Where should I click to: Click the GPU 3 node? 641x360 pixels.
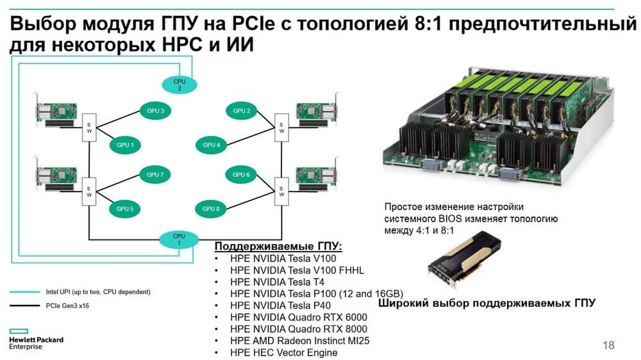pos(154,111)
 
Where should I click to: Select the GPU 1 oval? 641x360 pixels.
pos(125,145)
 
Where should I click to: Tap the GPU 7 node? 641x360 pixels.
pos(154,174)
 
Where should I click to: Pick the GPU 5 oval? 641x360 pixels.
pos(125,208)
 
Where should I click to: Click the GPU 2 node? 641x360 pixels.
pos(240,111)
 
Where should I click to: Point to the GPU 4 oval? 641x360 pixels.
pos(211,145)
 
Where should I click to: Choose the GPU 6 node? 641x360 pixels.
pos(240,174)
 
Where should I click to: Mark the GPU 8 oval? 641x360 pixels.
pos(211,208)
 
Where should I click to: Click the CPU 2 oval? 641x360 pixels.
pos(179,85)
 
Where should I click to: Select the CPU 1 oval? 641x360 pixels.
pos(179,240)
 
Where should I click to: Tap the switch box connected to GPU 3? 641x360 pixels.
pos(89,127)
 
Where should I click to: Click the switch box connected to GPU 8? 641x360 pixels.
pos(280,190)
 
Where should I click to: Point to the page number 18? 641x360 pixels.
pos(608,345)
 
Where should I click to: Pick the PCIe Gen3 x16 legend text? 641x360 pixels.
pos(68,307)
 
